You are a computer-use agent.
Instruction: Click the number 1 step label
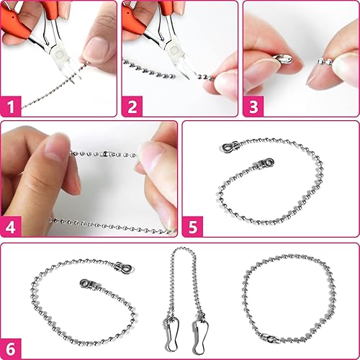[x=11, y=107]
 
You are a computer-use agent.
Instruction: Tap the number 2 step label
[x=132, y=107]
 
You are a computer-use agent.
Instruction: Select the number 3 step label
[x=253, y=107]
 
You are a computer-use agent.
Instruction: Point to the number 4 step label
[x=11, y=227]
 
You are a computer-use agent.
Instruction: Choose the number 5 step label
[x=192, y=227]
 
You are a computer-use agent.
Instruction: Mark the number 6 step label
[x=11, y=349]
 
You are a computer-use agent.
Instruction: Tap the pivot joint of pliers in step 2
[x=177, y=51]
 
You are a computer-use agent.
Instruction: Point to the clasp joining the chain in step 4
[x=107, y=153]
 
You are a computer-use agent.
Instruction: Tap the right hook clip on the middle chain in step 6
[x=200, y=335]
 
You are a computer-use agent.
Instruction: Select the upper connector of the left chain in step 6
[x=123, y=267]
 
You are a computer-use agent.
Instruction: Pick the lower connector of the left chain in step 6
[x=88, y=284]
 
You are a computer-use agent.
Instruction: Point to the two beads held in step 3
[x=325, y=61]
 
